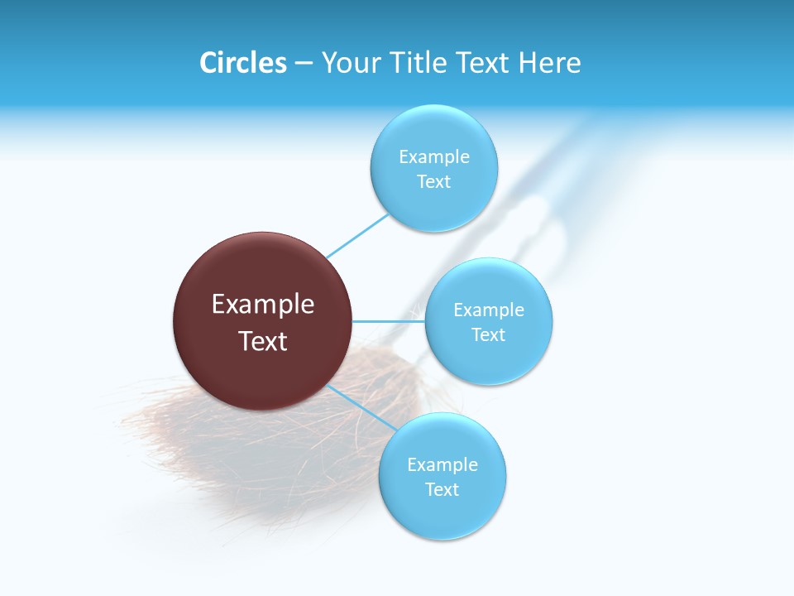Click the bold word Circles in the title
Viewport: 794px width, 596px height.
point(242,63)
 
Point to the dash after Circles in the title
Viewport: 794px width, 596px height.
point(304,64)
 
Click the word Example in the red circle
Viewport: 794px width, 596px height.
point(263,305)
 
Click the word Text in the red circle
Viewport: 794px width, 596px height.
point(263,341)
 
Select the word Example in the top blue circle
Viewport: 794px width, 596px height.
point(434,156)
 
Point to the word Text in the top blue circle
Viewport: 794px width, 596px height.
point(434,181)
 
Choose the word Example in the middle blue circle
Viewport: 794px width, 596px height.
point(489,310)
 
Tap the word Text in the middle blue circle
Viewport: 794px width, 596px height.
point(489,334)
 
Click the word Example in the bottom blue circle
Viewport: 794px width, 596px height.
point(442,464)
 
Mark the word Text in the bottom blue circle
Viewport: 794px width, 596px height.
point(442,489)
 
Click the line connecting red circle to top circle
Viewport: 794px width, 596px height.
point(357,236)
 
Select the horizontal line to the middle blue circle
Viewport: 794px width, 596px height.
point(388,321)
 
